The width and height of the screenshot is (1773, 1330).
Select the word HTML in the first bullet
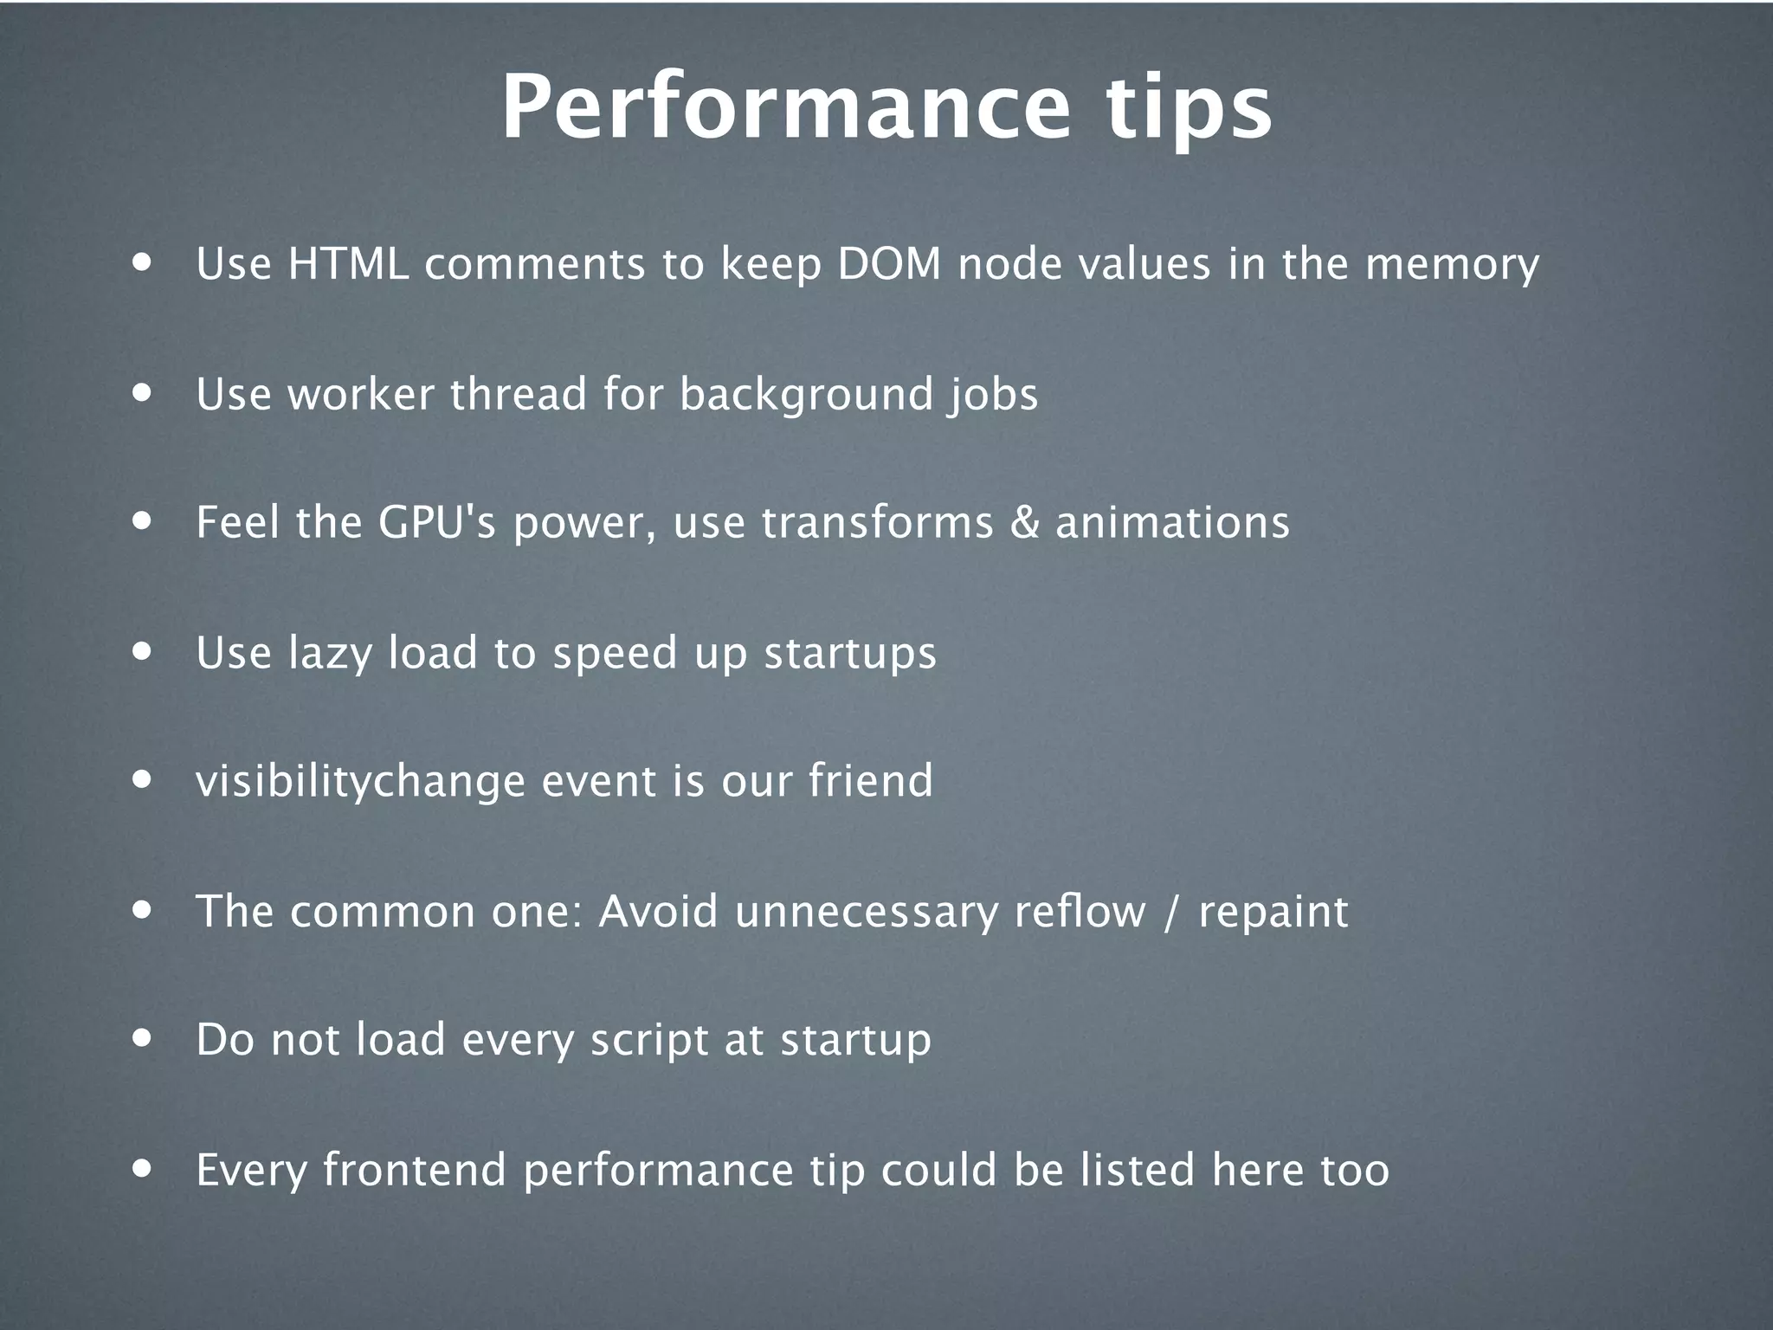coord(348,263)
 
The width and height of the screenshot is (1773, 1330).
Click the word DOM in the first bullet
coord(889,263)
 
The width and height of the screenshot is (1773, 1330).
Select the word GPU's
coord(436,522)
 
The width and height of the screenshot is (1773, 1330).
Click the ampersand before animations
coord(1024,523)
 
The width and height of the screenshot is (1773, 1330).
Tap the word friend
coord(871,780)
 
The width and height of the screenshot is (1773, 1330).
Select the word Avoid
coord(658,911)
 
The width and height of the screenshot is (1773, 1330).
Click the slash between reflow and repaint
coord(1171,912)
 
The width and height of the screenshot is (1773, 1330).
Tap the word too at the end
coord(1354,1169)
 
